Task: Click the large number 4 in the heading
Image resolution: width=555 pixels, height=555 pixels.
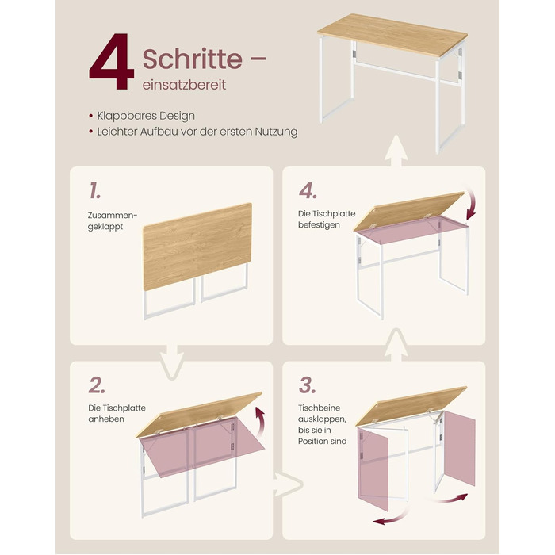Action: click(112, 61)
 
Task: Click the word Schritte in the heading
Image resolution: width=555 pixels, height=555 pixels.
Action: click(193, 59)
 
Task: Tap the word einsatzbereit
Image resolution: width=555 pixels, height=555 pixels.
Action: click(184, 86)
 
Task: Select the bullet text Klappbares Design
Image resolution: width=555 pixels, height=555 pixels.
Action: click(146, 116)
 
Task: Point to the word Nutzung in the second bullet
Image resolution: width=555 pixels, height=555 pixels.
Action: click(277, 132)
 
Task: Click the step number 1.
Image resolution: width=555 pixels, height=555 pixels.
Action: click(95, 190)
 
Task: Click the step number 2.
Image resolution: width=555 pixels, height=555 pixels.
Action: click(97, 385)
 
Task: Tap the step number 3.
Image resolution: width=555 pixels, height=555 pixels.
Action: click(307, 385)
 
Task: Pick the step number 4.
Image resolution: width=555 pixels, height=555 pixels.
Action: click(308, 191)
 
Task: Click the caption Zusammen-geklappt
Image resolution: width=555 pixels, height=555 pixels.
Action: click(113, 221)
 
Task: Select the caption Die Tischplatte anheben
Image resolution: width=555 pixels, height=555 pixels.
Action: click(117, 413)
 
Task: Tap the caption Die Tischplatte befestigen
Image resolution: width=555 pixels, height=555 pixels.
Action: click(327, 219)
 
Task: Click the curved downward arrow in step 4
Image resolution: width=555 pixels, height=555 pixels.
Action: click(473, 205)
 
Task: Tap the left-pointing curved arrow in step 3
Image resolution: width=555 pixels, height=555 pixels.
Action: click(392, 517)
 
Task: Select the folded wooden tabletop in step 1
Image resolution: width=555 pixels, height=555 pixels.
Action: click(197, 247)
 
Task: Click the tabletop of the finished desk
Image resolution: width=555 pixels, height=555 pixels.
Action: click(392, 35)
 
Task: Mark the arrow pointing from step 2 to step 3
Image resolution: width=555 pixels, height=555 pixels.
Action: click(288, 484)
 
